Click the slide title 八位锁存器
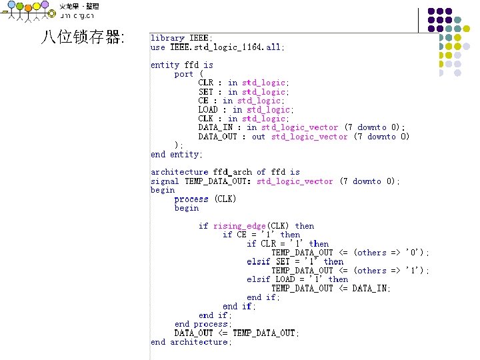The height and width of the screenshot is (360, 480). pos(82,37)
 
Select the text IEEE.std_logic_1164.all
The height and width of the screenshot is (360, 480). pos(227,47)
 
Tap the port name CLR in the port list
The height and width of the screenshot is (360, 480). pos(206,83)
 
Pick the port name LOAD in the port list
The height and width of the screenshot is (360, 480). pos(208,109)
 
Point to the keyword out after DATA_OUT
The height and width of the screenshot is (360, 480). pos(259,137)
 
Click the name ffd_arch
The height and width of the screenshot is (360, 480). pos(232,172)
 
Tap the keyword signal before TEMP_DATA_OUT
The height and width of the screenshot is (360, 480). pos(165,181)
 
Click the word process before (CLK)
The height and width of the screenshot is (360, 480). pos(191,199)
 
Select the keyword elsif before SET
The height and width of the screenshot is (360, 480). pos(259,261)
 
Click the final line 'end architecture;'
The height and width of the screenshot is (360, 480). pos(191,342)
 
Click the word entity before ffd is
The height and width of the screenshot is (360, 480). pos(165,65)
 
